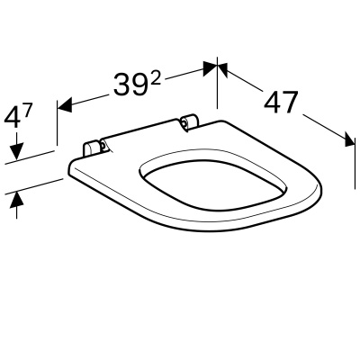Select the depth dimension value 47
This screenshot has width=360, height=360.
281,102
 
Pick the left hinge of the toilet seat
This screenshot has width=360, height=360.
93,148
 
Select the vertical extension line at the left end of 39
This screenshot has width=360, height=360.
59,121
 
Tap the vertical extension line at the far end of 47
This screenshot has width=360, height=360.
349,135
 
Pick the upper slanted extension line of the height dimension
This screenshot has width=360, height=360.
36,155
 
